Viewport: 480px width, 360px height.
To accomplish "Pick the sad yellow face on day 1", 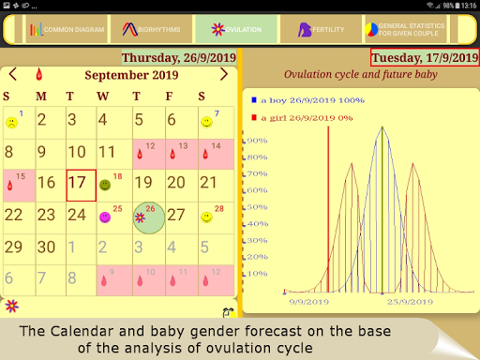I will (11, 122).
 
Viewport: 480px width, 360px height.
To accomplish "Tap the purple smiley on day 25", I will (105, 217).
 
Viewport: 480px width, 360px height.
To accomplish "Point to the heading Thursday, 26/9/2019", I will (179, 58).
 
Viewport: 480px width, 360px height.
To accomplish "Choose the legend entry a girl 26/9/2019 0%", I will (296, 117).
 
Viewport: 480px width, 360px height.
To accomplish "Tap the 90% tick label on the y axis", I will (257, 141).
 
